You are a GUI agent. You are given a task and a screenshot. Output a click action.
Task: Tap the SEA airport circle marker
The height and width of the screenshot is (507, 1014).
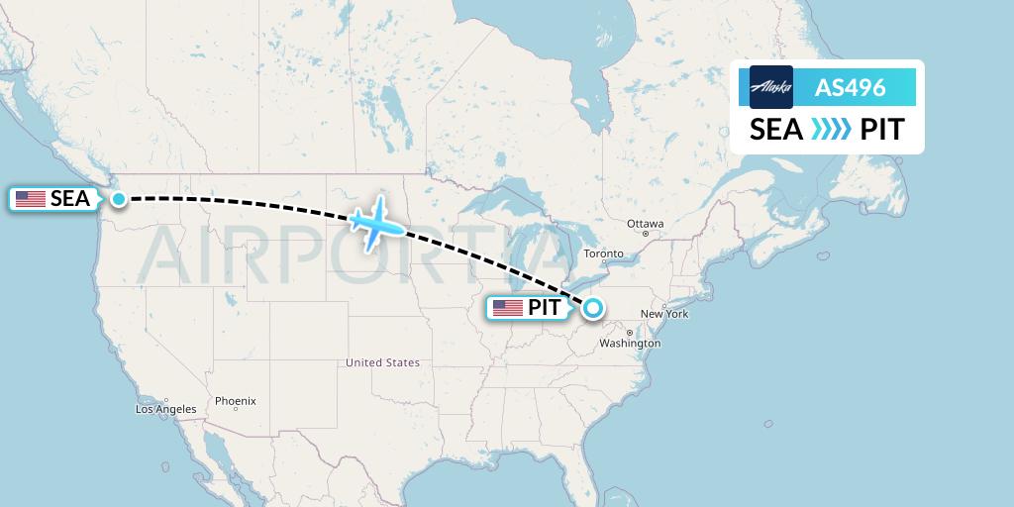tap(119, 199)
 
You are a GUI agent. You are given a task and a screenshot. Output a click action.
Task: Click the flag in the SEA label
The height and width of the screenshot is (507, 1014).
tap(31, 199)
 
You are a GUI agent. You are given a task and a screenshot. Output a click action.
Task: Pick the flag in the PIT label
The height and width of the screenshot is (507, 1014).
tap(508, 308)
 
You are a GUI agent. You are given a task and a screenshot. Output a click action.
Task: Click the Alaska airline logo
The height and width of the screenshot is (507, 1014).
tap(771, 87)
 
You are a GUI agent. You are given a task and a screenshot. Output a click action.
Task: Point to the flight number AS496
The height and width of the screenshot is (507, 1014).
tap(850, 88)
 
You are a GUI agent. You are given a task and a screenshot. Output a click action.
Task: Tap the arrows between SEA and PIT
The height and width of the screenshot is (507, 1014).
tap(831, 130)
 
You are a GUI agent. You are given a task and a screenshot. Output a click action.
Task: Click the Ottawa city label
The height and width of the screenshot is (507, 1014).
tap(645, 224)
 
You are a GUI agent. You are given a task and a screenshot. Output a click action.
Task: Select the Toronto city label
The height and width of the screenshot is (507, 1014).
tap(603, 254)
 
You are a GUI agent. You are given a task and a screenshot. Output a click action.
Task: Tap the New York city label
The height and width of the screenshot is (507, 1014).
tap(663, 314)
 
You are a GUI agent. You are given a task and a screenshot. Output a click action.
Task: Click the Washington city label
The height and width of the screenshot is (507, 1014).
tap(630, 344)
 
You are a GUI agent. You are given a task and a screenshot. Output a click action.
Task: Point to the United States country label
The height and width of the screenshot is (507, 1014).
tap(382, 363)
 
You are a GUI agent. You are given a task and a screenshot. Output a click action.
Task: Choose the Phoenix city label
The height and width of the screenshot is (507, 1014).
tap(236, 401)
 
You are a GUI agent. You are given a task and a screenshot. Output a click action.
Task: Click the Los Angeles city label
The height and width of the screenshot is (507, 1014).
tap(166, 409)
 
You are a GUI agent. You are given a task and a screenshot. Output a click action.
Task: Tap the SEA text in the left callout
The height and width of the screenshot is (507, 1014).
tap(70, 199)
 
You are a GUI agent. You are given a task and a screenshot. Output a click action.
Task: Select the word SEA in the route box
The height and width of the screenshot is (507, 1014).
tap(776, 130)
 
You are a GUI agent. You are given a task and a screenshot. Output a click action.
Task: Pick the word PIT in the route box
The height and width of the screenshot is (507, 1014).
tap(881, 130)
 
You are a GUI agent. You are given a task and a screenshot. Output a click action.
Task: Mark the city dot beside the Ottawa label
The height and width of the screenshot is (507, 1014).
tap(645, 234)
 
